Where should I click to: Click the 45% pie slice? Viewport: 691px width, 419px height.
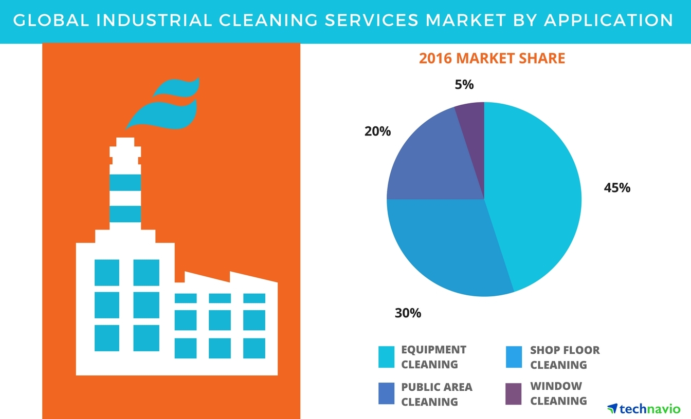pyautogui.click(x=535, y=195)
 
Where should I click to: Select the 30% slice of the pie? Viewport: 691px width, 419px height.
pyautogui.click(x=442, y=246)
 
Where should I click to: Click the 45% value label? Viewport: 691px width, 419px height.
pyautogui.click(x=617, y=188)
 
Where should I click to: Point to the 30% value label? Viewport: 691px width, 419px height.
pyautogui.click(x=408, y=313)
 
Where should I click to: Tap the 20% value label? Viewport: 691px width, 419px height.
pyautogui.click(x=377, y=131)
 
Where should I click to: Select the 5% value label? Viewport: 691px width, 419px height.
pyautogui.click(x=464, y=85)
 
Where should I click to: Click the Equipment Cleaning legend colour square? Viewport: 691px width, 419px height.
pyautogui.click(x=386, y=357)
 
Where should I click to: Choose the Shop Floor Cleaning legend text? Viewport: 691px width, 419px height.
pyautogui.click(x=565, y=357)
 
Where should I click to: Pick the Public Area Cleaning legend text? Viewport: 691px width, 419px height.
pyautogui.click(x=436, y=394)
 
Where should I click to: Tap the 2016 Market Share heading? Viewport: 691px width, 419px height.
pyautogui.click(x=492, y=59)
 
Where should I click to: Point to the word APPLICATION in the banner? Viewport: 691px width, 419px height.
pyautogui.click(x=609, y=20)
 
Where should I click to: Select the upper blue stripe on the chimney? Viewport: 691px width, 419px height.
pyautogui.click(x=125, y=182)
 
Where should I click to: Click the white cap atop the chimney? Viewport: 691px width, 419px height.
pyautogui.click(x=125, y=149)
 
